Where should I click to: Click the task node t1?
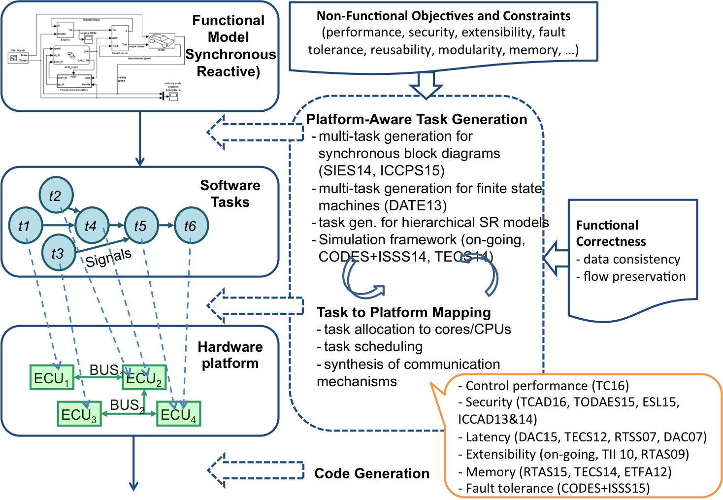tap(25, 226)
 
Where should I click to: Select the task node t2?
tap(56, 196)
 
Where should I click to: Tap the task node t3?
tap(58, 253)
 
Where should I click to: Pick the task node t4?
tap(91, 226)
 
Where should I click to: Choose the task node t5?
tap(141, 226)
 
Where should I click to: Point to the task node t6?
tap(191, 226)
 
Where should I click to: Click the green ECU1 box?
tap(52, 378)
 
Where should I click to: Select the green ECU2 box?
tap(144, 378)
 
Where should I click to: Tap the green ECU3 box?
tap(79, 414)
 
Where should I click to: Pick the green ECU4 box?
tap(178, 414)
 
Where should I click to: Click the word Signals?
tap(108, 257)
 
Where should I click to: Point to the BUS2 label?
tap(127, 405)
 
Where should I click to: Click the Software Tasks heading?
tap(230, 194)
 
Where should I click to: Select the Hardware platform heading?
tap(230, 355)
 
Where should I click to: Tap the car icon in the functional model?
tap(161, 40)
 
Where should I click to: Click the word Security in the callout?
tap(489, 402)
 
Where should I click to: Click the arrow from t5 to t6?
tap(166, 226)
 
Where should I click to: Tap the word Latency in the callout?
tap(488, 437)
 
